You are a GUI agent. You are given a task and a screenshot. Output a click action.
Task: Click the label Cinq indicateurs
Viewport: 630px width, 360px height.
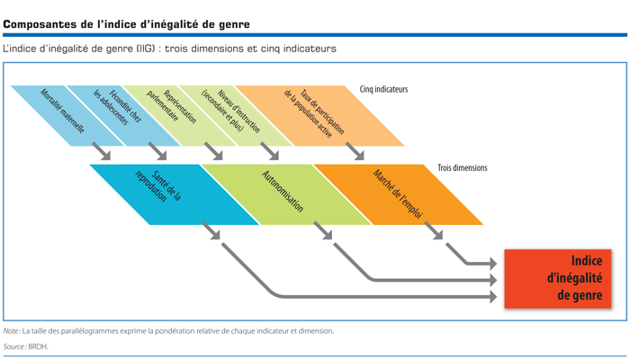[x=383, y=89]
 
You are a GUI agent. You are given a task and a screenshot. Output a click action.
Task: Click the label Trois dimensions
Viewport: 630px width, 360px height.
[x=463, y=168]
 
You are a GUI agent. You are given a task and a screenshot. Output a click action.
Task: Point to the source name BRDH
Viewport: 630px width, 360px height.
[x=38, y=346]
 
